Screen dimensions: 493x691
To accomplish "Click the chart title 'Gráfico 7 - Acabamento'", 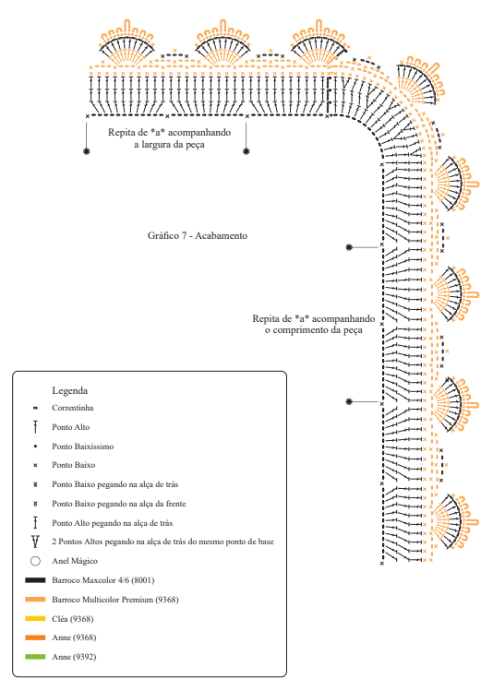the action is tap(198, 236).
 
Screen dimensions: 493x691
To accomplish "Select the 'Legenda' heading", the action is tap(69, 390).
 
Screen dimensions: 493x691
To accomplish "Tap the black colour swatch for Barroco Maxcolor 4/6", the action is tap(35, 580).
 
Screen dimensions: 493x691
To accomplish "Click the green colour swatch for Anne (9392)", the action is tap(35, 657).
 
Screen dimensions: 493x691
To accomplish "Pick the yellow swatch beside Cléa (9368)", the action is tap(35, 619).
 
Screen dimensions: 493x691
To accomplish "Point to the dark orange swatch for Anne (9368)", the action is tap(35, 637).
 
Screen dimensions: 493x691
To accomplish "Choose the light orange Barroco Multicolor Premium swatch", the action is tap(35, 600).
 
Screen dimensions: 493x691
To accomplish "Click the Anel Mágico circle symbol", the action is tap(35, 561).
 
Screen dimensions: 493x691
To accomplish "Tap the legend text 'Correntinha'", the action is tap(72, 408).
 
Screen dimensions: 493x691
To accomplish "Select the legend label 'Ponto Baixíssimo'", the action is tap(82, 447).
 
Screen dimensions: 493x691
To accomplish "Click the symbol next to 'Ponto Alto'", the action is tap(35, 426).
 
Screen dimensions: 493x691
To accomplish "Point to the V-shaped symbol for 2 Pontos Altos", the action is tap(35, 542).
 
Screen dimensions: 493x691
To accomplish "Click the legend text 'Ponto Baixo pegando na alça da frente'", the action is tap(118, 504).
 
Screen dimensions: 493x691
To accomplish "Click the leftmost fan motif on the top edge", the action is tap(126, 44).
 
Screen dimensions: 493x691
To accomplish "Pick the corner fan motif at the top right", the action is tap(419, 81).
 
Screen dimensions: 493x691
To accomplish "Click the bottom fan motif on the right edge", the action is tap(454, 521).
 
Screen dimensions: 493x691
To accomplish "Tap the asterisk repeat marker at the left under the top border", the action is tap(87, 151).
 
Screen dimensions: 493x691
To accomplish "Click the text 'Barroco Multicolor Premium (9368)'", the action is tap(115, 600).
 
